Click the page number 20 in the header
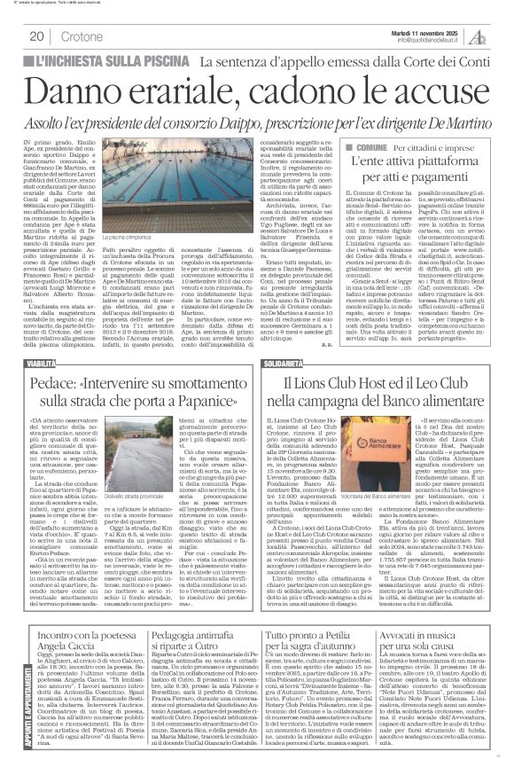[x=38, y=36]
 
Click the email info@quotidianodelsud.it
[x=429, y=40]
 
